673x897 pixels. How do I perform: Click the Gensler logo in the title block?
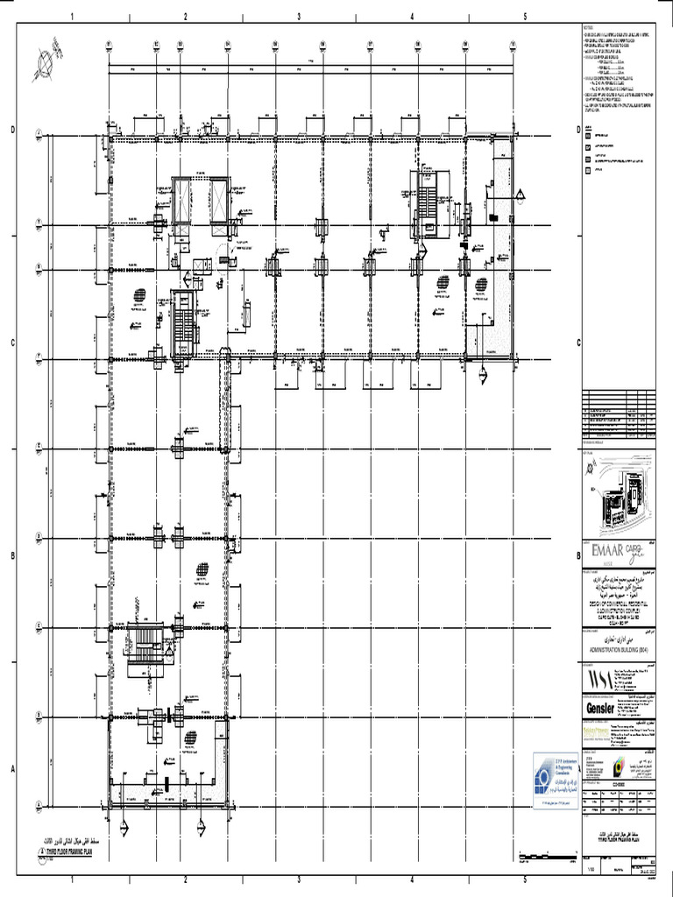(600, 706)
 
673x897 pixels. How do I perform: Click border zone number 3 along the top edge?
(299, 17)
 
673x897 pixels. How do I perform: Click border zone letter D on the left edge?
(13, 131)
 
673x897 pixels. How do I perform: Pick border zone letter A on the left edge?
(13, 770)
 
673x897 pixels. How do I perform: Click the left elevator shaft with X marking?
(182, 200)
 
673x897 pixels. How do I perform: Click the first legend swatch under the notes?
(588, 138)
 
